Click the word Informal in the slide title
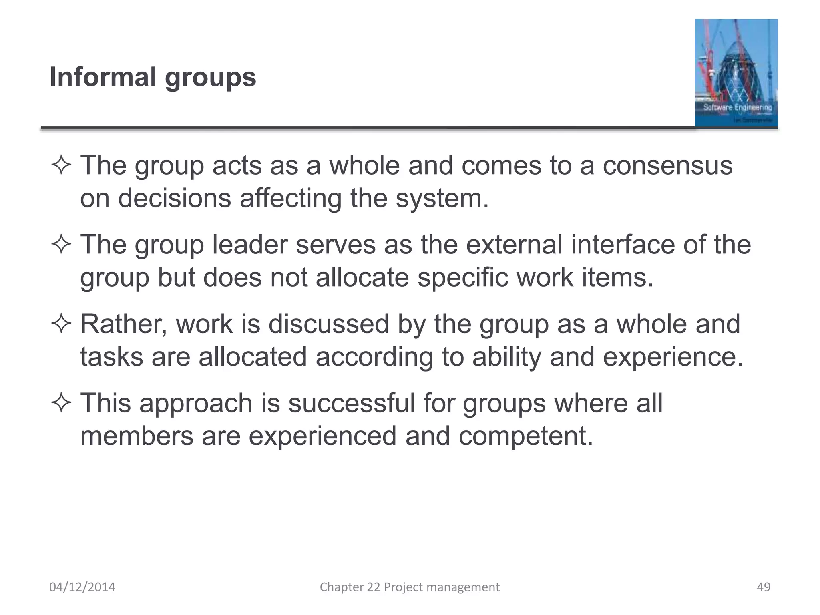point(102,77)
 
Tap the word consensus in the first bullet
point(667,165)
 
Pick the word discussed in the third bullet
point(329,324)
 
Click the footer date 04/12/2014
point(82,587)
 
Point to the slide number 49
point(764,587)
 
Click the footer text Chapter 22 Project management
point(410,587)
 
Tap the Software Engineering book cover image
point(736,73)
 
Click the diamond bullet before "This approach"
point(61,403)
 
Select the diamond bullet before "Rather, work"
point(61,324)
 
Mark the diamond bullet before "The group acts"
point(61,165)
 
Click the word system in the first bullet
point(442,198)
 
